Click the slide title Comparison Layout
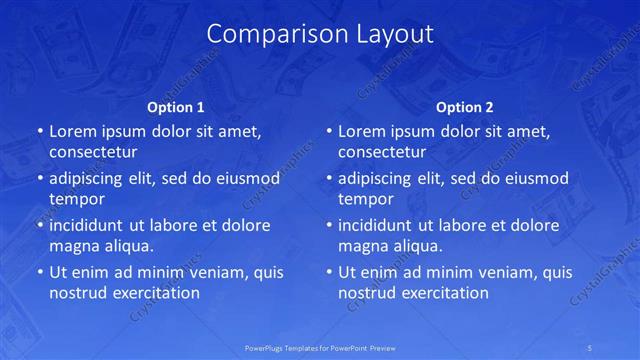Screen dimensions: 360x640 coord(320,34)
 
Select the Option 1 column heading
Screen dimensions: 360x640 coord(176,107)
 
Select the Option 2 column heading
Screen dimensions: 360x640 coord(465,107)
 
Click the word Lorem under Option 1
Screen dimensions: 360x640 coord(72,131)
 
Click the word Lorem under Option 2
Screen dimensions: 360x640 coord(361,131)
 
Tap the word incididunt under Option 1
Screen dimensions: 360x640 coord(90,225)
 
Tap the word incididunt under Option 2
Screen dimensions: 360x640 coord(379,225)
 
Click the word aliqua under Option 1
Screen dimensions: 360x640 coord(126,246)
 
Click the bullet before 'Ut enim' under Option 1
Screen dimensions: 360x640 coord(39,272)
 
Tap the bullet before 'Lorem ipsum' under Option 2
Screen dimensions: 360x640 coord(328,131)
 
